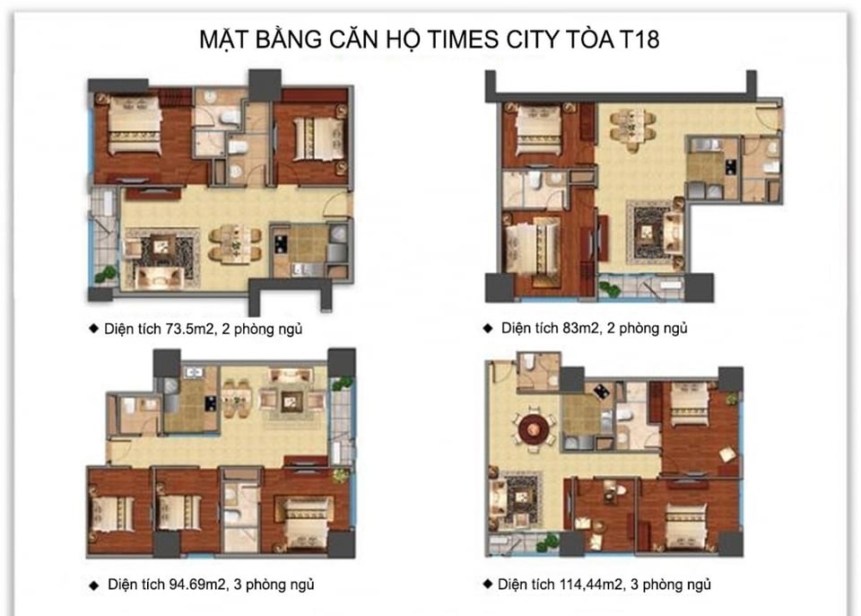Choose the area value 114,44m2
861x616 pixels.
click(583, 585)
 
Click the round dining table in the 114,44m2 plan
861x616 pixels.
click(531, 427)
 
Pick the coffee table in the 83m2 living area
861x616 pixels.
click(648, 230)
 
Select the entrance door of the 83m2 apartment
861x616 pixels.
click(768, 115)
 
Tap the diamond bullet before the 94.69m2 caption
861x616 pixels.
click(93, 585)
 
